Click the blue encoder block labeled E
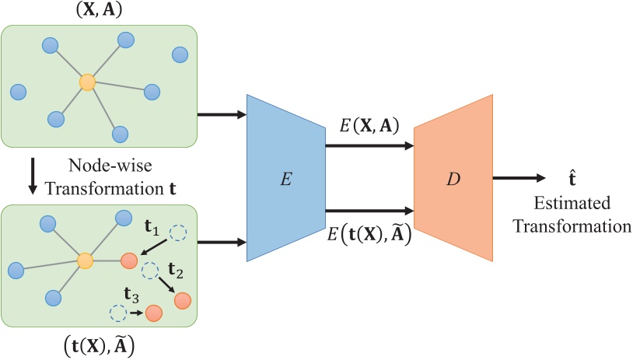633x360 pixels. (285, 178)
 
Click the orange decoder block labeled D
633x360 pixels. (453, 178)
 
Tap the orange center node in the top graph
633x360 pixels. (87, 82)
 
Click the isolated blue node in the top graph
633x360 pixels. (180, 54)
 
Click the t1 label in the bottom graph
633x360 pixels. (152, 231)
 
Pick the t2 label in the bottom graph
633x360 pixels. (175, 270)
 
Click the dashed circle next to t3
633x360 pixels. (117, 313)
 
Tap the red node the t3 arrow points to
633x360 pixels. (154, 313)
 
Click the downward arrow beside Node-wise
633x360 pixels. (32, 177)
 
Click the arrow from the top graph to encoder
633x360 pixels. (222, 115)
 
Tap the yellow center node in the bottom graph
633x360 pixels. (86, 261)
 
